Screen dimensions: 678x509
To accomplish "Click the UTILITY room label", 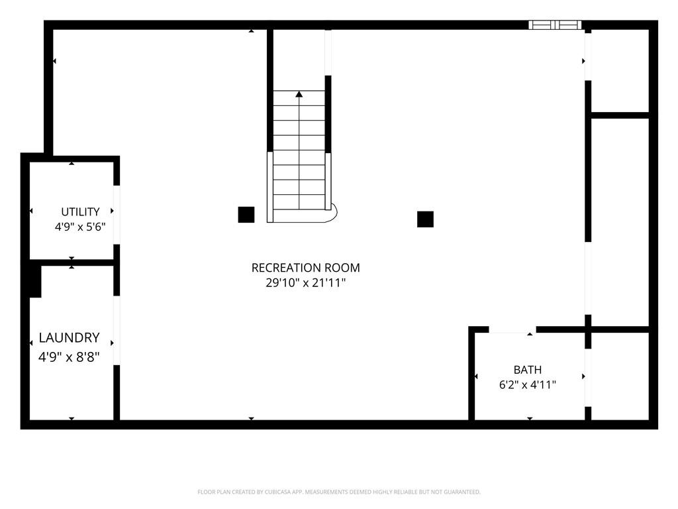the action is [80, 211].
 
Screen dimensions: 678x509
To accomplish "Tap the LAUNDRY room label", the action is [69, 337].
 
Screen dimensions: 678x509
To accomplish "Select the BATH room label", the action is [528, 370].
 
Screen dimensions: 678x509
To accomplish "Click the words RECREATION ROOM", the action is [306, 268].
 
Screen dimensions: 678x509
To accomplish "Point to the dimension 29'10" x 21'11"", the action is [306, 282].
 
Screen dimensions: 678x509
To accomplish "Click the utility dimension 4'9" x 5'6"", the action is [80, 227].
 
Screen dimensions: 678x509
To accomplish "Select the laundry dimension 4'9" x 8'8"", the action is [69, 357].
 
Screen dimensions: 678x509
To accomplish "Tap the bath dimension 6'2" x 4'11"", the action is [528, 384].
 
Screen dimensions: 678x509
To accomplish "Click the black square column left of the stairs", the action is [246, 215].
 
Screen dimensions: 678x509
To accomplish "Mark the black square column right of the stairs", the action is [426, 219].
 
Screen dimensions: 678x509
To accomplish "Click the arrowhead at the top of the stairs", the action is [299, 93].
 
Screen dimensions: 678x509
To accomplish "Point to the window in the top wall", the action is [555, 25].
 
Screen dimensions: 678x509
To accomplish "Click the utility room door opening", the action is [117, 215].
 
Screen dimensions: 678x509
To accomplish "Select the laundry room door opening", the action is [117, 330].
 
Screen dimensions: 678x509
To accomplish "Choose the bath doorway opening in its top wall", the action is [512, 330].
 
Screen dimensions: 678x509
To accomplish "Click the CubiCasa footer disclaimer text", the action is [339, 492].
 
